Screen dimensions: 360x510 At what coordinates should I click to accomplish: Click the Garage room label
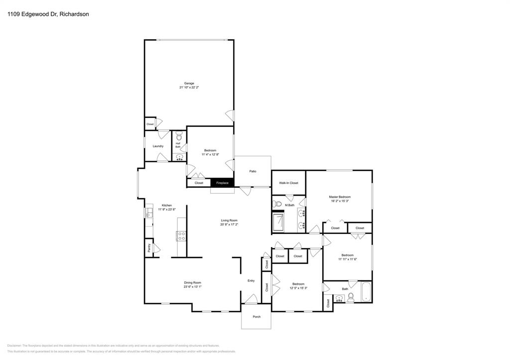pos(189,83)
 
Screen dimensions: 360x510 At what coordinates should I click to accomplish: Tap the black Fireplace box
pos(222,183)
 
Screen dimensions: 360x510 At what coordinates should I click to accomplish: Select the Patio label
pos(253,171)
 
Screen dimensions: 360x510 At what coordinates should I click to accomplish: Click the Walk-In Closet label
pos(288,183)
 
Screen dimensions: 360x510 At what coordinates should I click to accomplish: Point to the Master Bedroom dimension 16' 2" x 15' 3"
pos(340,201)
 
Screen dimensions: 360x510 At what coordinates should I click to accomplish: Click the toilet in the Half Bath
pos(179,136)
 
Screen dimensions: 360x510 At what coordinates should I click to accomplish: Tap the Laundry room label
pos(158,146)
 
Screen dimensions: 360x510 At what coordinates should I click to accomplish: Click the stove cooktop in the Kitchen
pos(181,236)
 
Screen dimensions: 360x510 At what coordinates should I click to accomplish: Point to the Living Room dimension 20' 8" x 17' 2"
pos(229,225)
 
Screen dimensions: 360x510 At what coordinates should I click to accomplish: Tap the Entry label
pos(251,281)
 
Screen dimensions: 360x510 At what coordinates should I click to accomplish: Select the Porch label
pos(256,317)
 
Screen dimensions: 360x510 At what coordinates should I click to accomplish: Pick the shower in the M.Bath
pos(279,222)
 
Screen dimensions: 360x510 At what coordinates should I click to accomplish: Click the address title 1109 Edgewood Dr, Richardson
pos(48,14)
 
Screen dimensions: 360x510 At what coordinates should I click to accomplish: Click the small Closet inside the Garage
pos(150,124)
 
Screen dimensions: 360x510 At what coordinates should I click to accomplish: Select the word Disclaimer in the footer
pos(14,346)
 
